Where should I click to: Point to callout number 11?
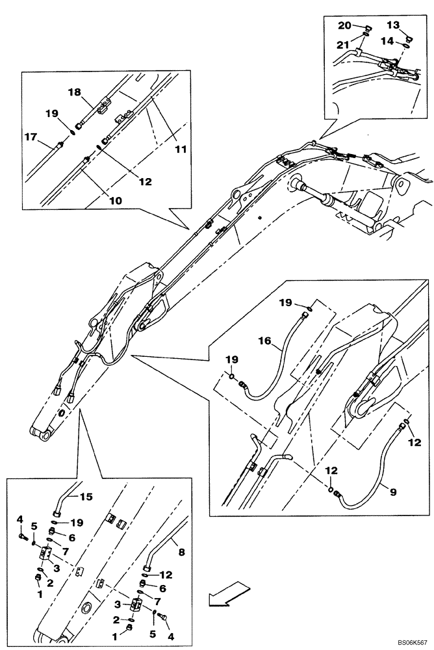181,149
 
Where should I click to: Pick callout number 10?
114,201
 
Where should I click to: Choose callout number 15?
86,497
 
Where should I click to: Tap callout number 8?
181,551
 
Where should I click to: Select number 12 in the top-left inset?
145,182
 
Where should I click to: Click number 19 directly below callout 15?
78,522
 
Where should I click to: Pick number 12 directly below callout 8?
166,575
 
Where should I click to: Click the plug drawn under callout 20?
365,28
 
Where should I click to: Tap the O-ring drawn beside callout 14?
406,44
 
